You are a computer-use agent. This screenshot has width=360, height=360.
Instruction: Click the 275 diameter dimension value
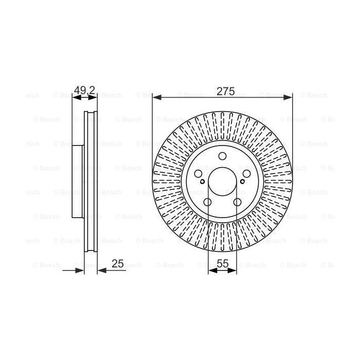click(225, 92)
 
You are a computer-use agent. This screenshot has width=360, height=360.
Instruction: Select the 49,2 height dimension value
click(84, 91)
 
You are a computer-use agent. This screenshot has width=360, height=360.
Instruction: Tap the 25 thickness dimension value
click(118, 264)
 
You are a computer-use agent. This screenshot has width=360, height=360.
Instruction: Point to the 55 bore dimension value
click(222, 264)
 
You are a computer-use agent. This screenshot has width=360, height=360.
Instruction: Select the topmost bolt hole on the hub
click(222, 157)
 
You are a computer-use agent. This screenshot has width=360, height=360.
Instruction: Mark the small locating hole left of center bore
click(204, 181)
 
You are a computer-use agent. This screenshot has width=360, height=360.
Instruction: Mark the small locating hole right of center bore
click(241, 181)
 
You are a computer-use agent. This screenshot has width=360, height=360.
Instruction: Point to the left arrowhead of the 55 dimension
click(211, 269)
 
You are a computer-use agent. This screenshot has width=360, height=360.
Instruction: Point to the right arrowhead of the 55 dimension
click(233, 269)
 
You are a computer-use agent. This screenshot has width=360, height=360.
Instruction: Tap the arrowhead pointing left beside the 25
click(102, 269)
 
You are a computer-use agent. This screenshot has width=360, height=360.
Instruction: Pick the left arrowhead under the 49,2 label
click(75, 97)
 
